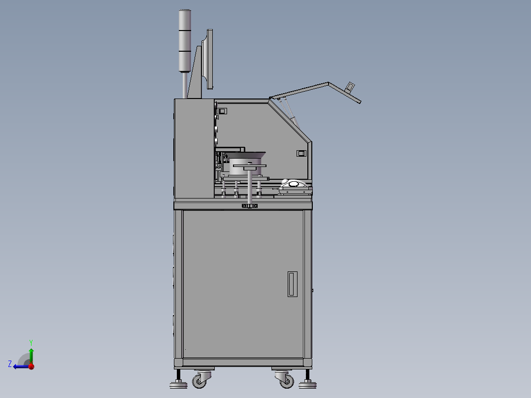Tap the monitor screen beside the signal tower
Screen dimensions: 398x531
[210, 59]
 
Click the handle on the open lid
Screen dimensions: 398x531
[350, 88]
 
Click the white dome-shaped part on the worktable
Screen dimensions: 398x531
[294, 184]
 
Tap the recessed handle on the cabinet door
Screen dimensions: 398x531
[293, 284]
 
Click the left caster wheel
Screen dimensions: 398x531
[199, 380]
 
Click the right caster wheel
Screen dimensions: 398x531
[285, 380]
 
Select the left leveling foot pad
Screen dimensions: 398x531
[178, 385]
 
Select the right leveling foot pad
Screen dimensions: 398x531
[308, 385]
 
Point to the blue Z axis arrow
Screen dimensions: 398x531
[20, 366]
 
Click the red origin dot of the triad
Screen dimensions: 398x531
[31, 366]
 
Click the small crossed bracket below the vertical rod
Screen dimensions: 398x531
[250, 206]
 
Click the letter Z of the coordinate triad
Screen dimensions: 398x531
[10, 364]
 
